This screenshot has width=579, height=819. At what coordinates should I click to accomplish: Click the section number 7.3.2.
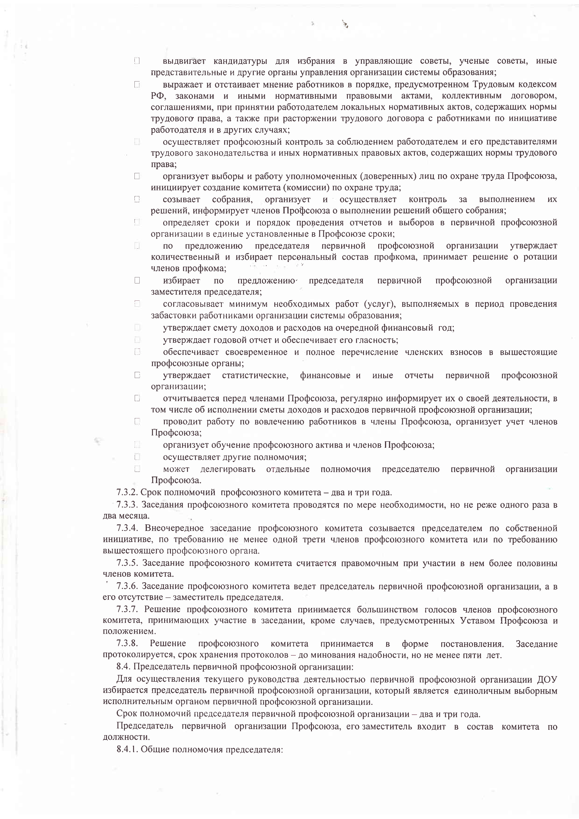pos(127,493)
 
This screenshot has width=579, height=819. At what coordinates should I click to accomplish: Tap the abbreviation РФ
pos(157,96)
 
